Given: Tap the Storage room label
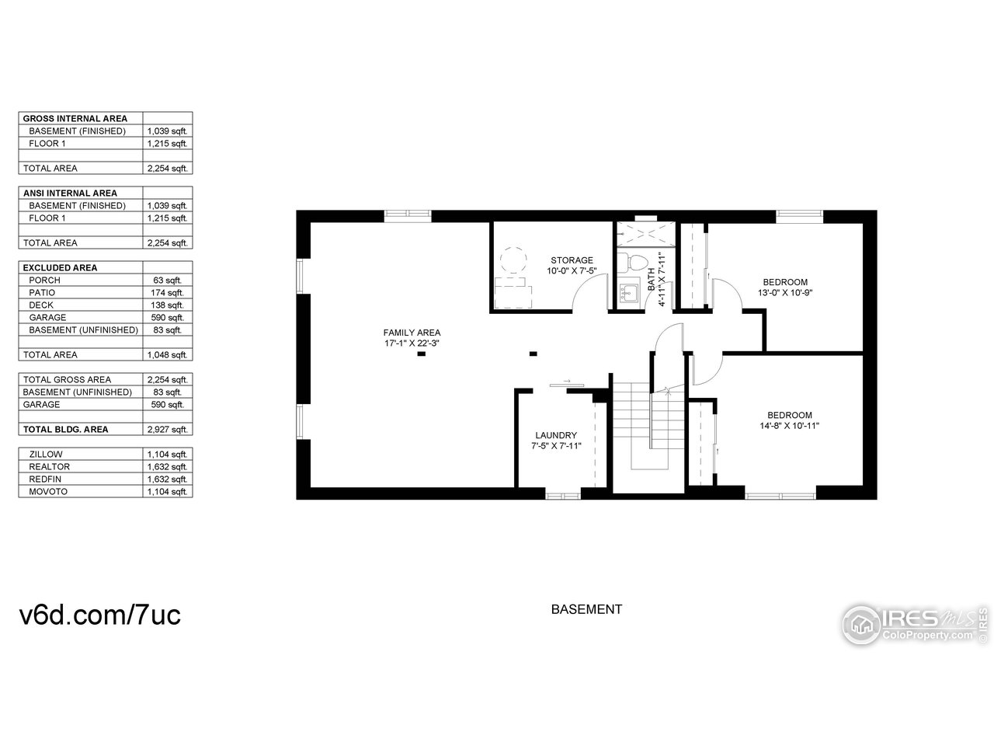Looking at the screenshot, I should (572, 260).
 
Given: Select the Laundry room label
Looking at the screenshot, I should (555, 435).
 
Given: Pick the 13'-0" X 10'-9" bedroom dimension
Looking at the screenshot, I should (785, 293).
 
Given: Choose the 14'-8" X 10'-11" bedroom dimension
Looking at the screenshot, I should (790, 425).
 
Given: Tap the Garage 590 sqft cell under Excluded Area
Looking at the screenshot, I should (167, 318).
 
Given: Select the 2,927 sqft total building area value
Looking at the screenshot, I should (167, 430).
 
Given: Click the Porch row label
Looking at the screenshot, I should (44, 281).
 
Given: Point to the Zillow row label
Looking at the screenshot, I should (46, 455).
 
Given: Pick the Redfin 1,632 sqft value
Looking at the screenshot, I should (167, 479).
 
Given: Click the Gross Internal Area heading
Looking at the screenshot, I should (75, 119).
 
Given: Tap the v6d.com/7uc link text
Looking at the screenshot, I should (99, 615).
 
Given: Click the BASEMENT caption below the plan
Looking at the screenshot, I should (586, 610).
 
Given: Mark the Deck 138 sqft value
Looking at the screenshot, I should (167, 305).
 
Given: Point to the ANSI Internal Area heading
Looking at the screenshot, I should (70, 193).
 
